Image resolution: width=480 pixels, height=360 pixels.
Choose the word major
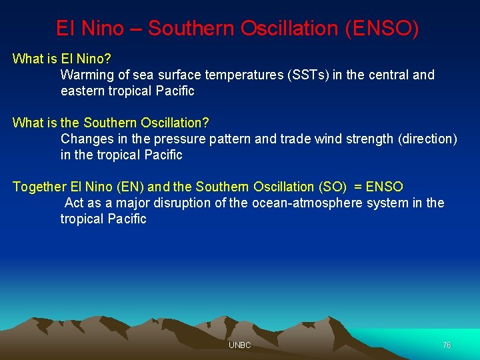136,203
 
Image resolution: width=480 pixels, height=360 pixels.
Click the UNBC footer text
239,345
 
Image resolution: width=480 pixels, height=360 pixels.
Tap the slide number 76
447,345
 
